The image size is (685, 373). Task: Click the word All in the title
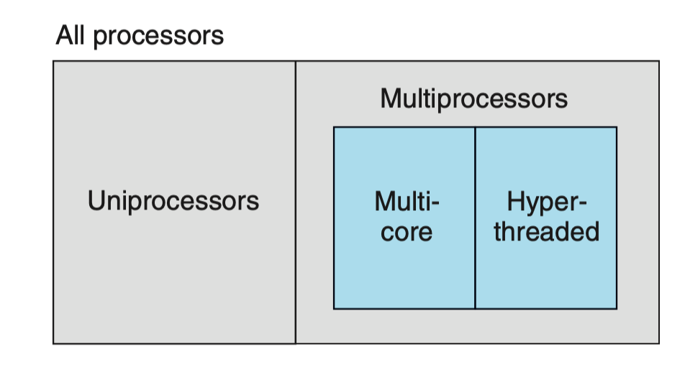[x=71, y=35]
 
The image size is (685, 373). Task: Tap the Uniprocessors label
[x=173, y=201]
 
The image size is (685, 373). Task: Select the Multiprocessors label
[x=473, y=99]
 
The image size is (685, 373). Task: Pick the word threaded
[x=546, y=232]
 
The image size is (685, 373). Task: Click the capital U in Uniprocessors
[x=96, y=200]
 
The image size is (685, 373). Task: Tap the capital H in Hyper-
[x=515, y=200]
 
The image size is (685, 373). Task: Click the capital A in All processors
[x=64, y=35]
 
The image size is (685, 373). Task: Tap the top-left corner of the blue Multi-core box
[x=334, y=127]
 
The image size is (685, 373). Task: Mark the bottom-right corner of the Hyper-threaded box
[x=617, y=309]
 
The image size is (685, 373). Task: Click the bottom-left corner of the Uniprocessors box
[x=54, y=343]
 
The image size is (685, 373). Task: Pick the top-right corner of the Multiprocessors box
[x=658, y=62]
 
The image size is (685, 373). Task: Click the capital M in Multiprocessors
[x=389, y=99]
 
